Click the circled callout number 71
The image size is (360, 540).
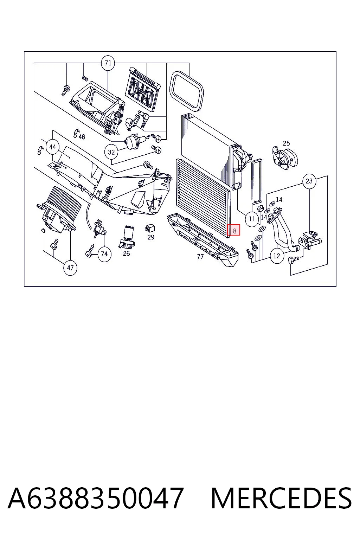(108, 63)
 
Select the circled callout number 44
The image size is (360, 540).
(53, 147)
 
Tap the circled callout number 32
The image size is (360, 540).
(111, 152)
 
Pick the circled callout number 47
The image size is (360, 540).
(70, 268)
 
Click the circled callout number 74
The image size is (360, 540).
(104, 254)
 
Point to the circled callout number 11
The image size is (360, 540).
(252, 219)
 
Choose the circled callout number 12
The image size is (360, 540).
(277, 256)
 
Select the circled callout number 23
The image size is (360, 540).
(309, 181)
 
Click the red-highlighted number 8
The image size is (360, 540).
(234, 230)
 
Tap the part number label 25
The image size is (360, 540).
(286, 143)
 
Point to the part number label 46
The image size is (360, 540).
(82, 137)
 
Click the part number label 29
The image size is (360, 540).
(151, 237)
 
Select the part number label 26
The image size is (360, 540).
(126, 253)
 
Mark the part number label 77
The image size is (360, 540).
(200, 257)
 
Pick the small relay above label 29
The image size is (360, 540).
(150, 229)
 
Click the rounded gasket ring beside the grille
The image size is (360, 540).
(187, 91)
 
